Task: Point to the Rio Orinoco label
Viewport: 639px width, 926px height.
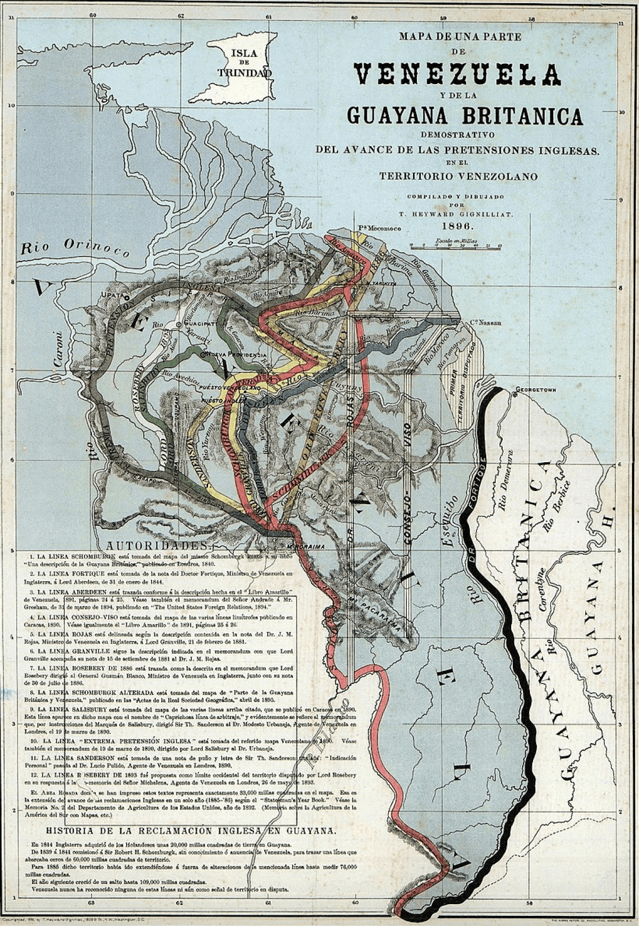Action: pos(75,247)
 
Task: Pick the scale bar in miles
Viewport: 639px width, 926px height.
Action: pos(456,245)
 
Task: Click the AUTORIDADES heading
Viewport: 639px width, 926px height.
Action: pos(157,546)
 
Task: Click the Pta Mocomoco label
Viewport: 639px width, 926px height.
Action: pos(378,228)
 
